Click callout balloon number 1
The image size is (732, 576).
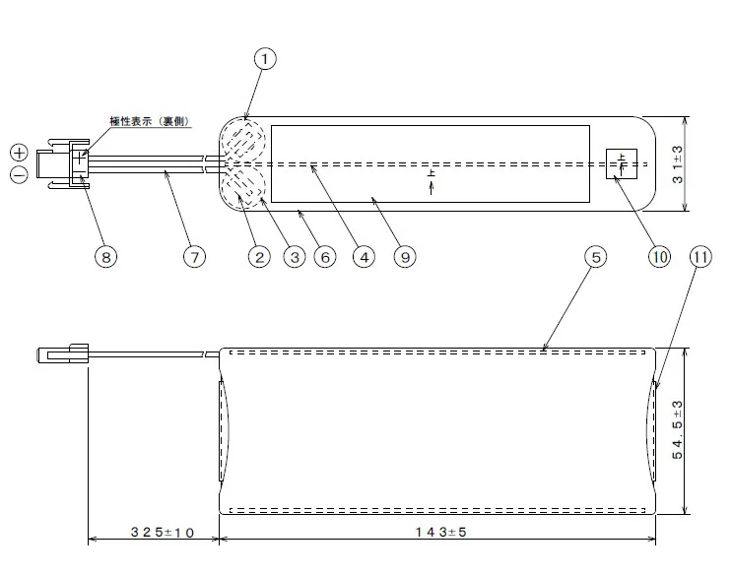pyautogui.click(x=264, y=59)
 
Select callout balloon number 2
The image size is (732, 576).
pyautogui.click(x=259, y=256)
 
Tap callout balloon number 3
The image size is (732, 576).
pyautogui.click(x=293, y=256)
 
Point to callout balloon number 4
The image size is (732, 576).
pyautogui.click(x=363, y=256)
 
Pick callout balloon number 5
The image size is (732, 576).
pyautogui.click(x=594, y=256)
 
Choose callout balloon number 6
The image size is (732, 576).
pyautogui.click(x=326, y=256)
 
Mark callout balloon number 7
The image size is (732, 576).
pyautogui.click(x=194, y=256)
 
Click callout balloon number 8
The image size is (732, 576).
pyautogui.click(x=105, y=256)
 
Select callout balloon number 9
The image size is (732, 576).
pyautogui.click(x=403, y=256)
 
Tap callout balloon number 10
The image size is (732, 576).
pyautogui.click(x=658, y=256)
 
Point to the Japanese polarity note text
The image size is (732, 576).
pyautogui.click(x=151, y=122)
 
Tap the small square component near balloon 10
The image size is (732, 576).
pyautogui.click(x=622, y=164)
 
